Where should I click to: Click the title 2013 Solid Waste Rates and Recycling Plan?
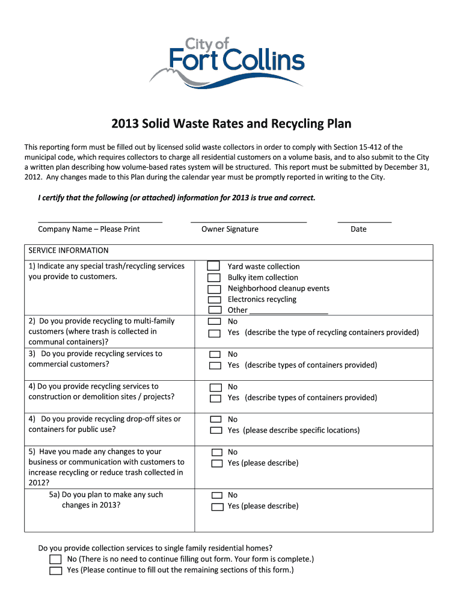coord(231,124)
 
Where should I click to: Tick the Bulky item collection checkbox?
coord(213,278)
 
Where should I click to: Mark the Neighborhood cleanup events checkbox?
coord(213,289)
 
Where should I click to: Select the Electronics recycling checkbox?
coord(213,300)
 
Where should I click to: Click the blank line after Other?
coord(288,312)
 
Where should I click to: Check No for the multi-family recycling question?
coord(214,322)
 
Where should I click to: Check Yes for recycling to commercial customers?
coord(215,366)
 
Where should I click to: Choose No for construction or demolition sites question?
coord(215,387)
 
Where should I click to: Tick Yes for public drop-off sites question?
coord(215,431)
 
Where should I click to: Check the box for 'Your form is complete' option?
coord(55,559)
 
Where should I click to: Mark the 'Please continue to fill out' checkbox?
coord(55,571)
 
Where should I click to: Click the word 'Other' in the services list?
coord(238,310)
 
